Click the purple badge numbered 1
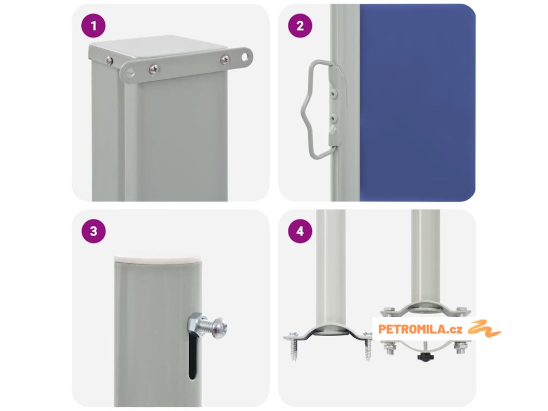tap(93, 26)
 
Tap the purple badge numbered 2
tap(300, 26)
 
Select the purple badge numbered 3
tap(93, 231)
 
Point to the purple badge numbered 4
tap(300, 231)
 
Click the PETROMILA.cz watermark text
tap(420, 329)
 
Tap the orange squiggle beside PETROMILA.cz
tap(484, 329)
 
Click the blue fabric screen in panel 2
tap(417, 103)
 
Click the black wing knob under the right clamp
tap(425, 357)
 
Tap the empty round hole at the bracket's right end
tap(247, 56)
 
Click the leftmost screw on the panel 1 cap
tap(109, 60)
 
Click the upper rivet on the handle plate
tap(334, 93)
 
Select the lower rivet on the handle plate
tap(334, 119)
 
